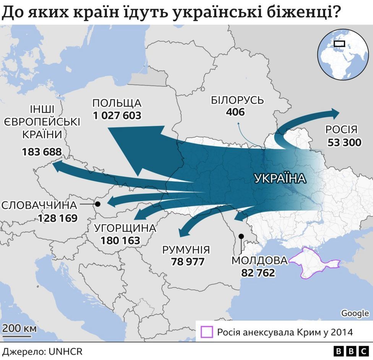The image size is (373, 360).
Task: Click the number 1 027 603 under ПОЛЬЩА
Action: coord(117,115)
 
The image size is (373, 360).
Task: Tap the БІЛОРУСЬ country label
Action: coord(237,100)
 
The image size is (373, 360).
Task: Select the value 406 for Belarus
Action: coord(235,112)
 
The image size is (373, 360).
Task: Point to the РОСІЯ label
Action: coord(341,129)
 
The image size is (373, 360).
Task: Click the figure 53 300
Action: coord(344,143)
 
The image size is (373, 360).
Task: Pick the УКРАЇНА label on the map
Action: coord(280,179)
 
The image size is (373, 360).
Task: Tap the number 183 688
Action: coord(42,152)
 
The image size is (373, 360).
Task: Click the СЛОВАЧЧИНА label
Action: coord(39,205)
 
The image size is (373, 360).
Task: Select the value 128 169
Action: coord(58,218)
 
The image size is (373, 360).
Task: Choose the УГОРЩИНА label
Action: coord(125,228)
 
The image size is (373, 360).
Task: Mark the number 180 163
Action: coord(120,241)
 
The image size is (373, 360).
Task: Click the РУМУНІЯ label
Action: coord(186,250)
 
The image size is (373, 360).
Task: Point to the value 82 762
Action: coord(258,273)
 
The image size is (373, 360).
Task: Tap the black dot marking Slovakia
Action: coord(97,204)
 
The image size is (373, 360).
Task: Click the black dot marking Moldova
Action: coord(241,236)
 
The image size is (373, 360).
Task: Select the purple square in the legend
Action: coord(207,332)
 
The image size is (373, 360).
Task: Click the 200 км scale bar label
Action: coord(19,328)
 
